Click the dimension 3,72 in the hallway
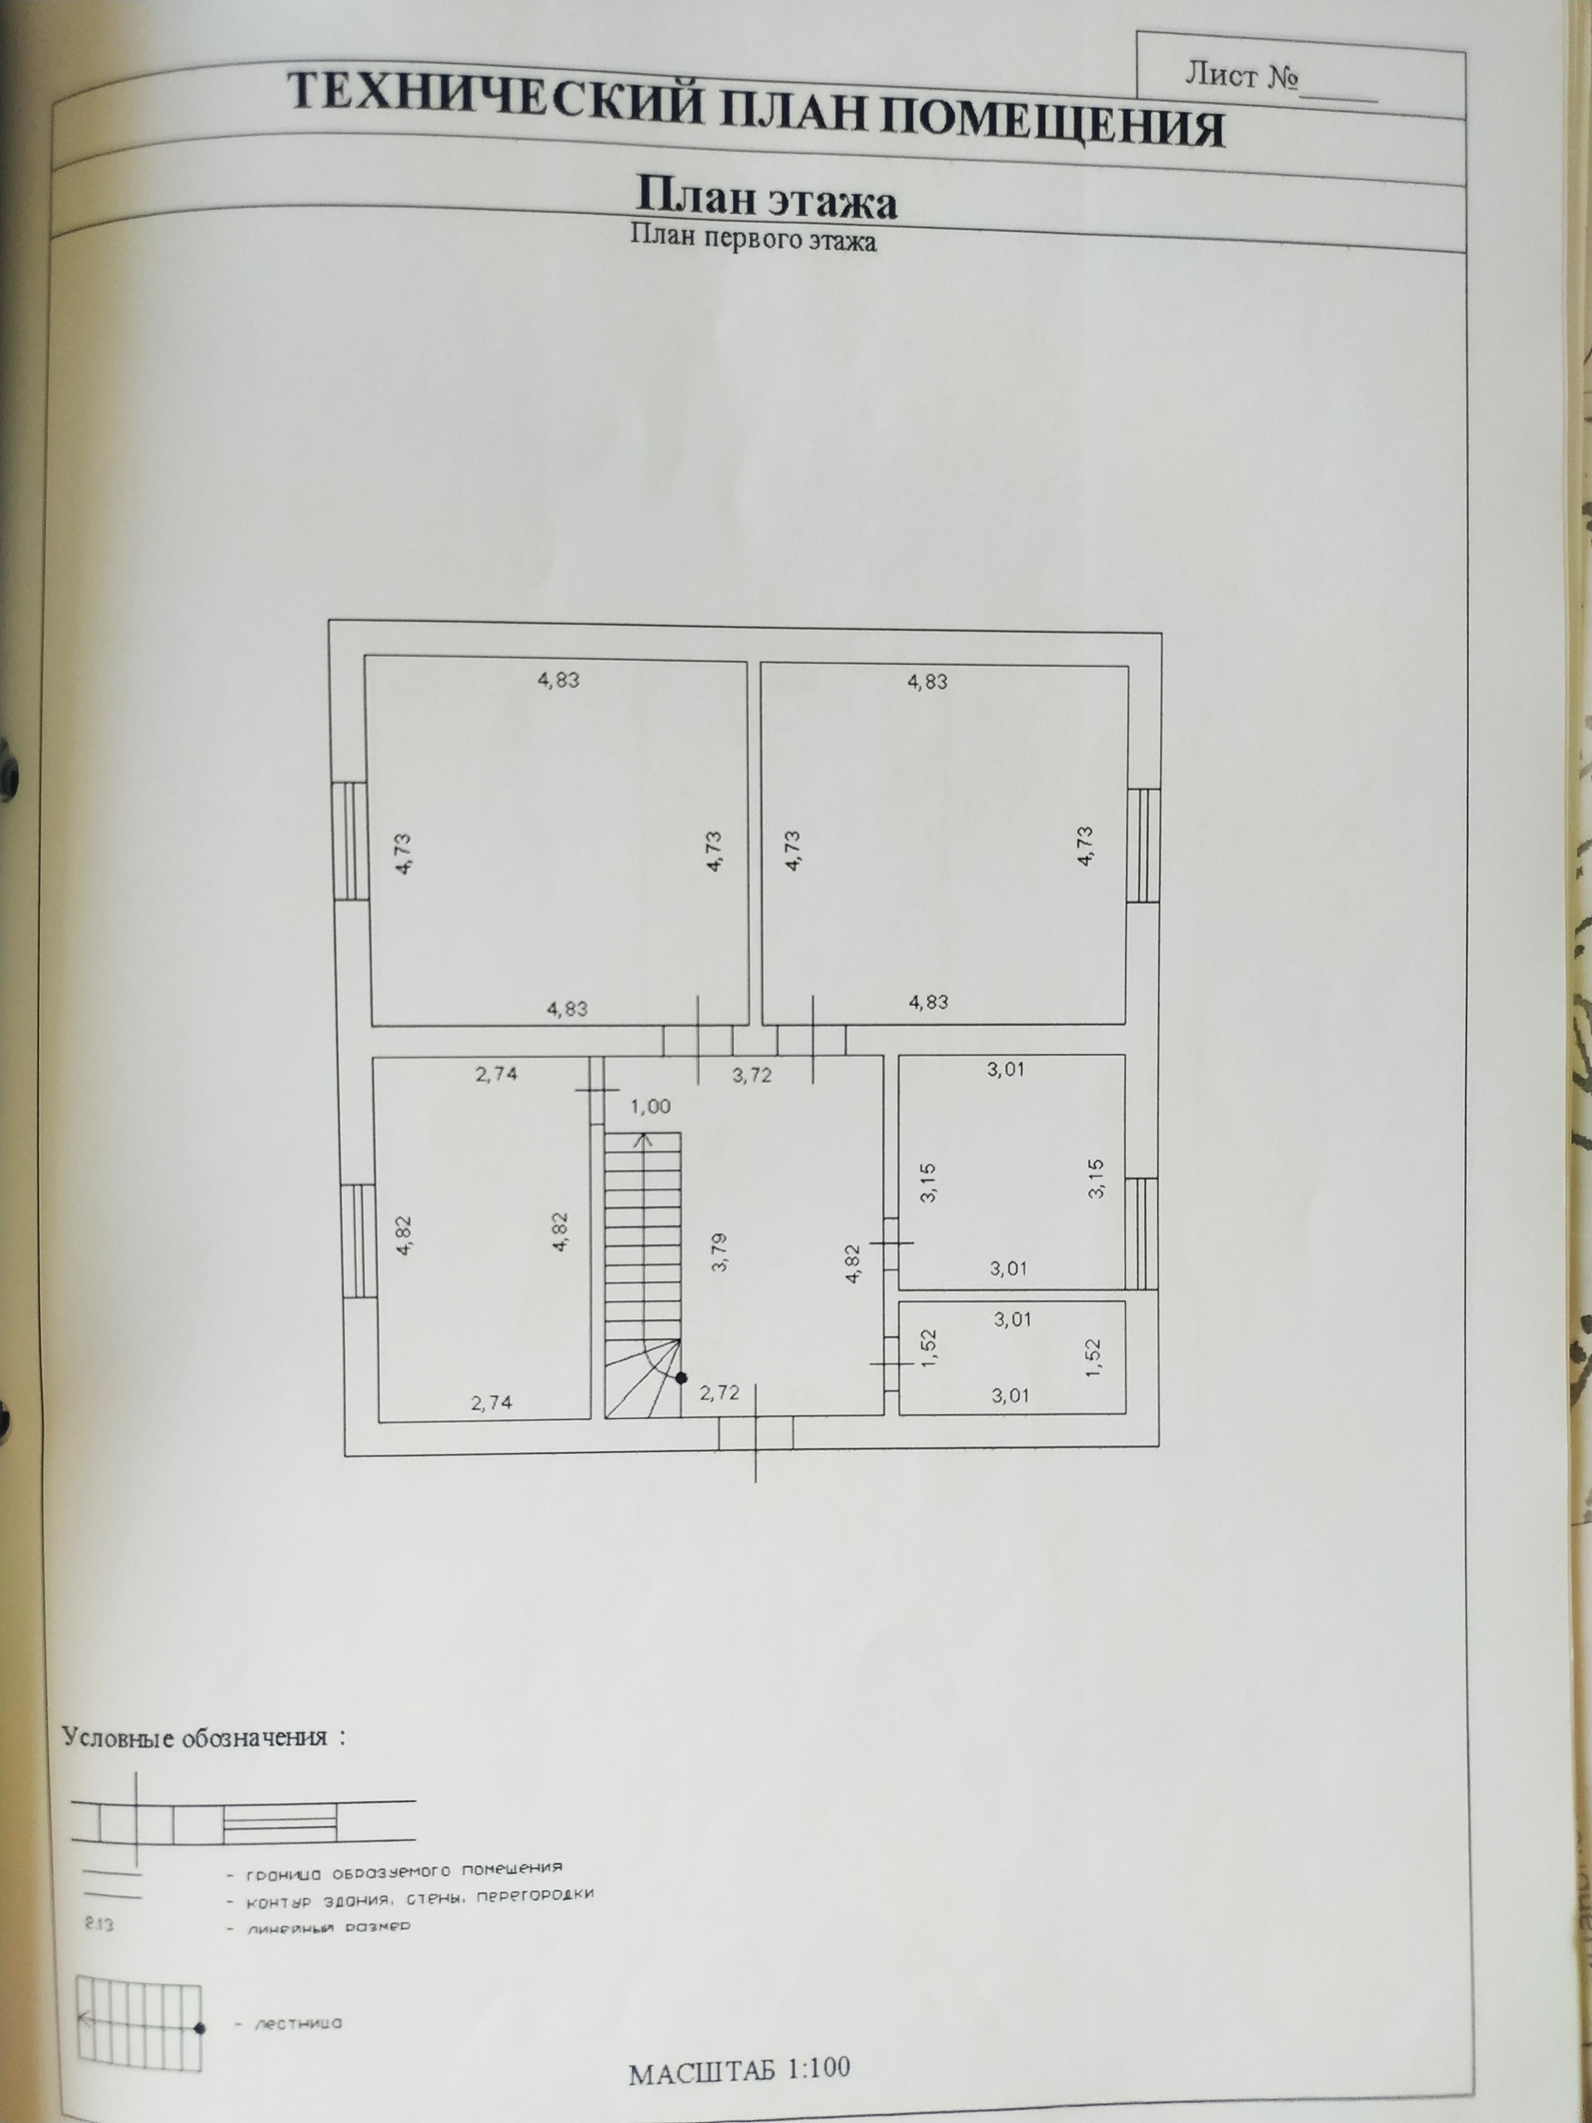752,1076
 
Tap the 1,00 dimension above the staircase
650,1106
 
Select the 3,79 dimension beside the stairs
721,1251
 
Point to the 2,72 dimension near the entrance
720,1392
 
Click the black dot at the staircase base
682,1378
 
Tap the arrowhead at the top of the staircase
643,1139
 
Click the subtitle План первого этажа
753,237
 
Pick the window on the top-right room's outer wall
1143,846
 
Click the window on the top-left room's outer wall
349,840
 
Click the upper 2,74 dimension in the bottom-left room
496,1074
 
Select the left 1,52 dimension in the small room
928,1348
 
